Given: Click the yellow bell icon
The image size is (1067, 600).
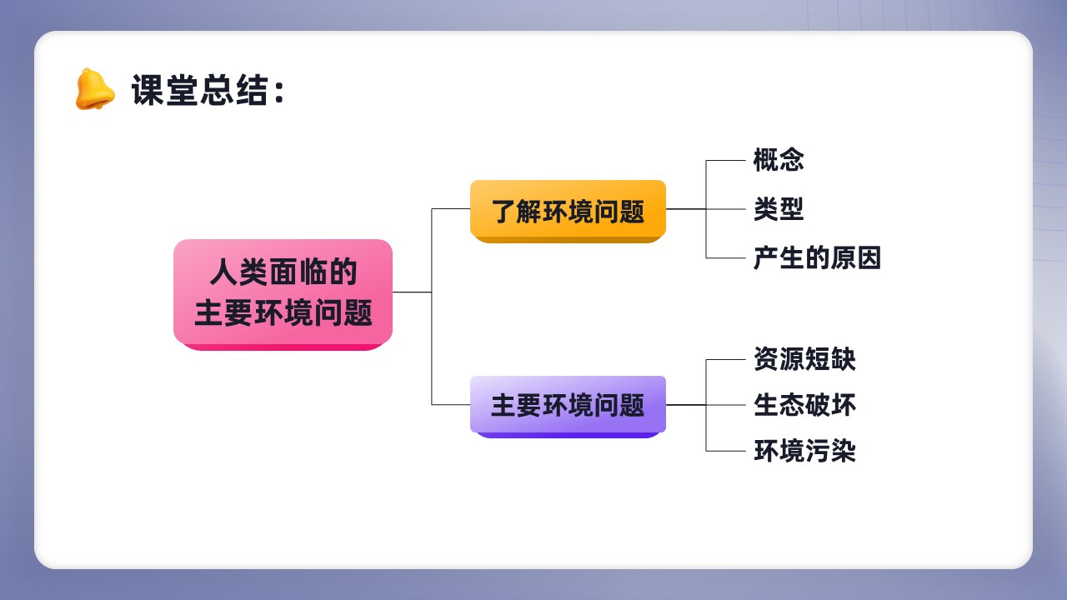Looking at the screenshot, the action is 95,89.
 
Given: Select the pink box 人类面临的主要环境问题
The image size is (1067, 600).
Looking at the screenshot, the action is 283,295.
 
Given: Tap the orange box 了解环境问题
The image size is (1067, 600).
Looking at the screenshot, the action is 568,212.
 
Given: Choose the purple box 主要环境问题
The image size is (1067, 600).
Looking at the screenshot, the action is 568,407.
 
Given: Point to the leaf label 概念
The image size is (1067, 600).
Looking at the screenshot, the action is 779,160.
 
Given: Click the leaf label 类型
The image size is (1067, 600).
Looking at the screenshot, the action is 779,209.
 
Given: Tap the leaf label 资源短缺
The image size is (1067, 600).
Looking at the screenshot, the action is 804,359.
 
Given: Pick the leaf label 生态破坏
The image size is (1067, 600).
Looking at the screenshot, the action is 804,405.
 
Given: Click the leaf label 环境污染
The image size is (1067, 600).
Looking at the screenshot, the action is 804,451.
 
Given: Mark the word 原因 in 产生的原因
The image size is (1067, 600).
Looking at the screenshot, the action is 856,257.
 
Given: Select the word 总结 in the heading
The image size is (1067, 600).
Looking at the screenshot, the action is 233,90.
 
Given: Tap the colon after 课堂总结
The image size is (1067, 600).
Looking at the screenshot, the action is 279,92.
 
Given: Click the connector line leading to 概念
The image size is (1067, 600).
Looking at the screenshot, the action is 725,161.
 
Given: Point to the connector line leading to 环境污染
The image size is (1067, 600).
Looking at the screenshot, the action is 725,451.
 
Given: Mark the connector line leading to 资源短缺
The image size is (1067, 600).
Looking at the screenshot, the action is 725,359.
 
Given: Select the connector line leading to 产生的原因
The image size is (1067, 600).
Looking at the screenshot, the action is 725,258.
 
